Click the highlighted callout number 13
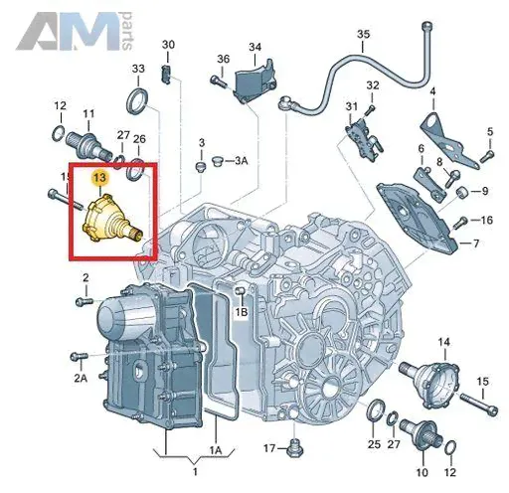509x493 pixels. pos(99,178)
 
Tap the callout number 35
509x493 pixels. pos(363,34)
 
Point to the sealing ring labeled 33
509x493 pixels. pos(137,101)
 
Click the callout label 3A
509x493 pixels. pos(242,161)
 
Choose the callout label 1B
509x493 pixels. pos(242,312)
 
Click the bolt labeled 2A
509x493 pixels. pos(79,357)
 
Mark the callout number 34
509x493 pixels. pos(254,47)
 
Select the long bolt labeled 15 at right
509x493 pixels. pos(479,405)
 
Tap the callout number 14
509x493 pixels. pos(444,342)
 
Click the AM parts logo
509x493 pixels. pos(75,31)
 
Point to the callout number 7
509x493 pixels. pos(476,244)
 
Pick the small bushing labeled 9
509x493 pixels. pos(461,192)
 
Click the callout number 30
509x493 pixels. pos(168,45)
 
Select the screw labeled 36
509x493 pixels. pos(217,80)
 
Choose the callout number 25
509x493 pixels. pos(374,444)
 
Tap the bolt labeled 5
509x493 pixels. pos(487,156)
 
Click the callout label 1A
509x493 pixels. pos(215,450)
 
